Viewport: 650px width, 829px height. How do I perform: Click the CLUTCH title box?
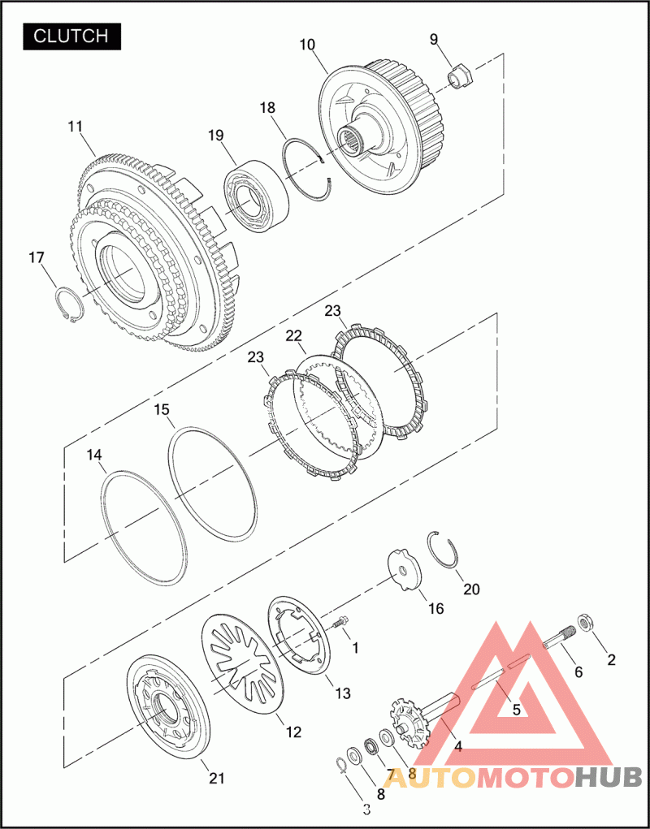coord(72,36)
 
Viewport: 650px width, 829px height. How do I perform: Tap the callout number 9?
coord(434,39)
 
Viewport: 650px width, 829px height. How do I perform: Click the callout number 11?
coord(76,127)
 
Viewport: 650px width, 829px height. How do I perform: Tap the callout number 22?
coord(293,336)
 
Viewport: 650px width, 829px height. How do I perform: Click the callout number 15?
coord(162,411)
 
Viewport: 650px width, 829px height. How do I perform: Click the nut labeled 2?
coord(583,624)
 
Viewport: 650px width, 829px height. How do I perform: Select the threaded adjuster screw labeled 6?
coord(557,641)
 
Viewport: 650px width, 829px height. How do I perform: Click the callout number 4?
coord(458,746)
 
